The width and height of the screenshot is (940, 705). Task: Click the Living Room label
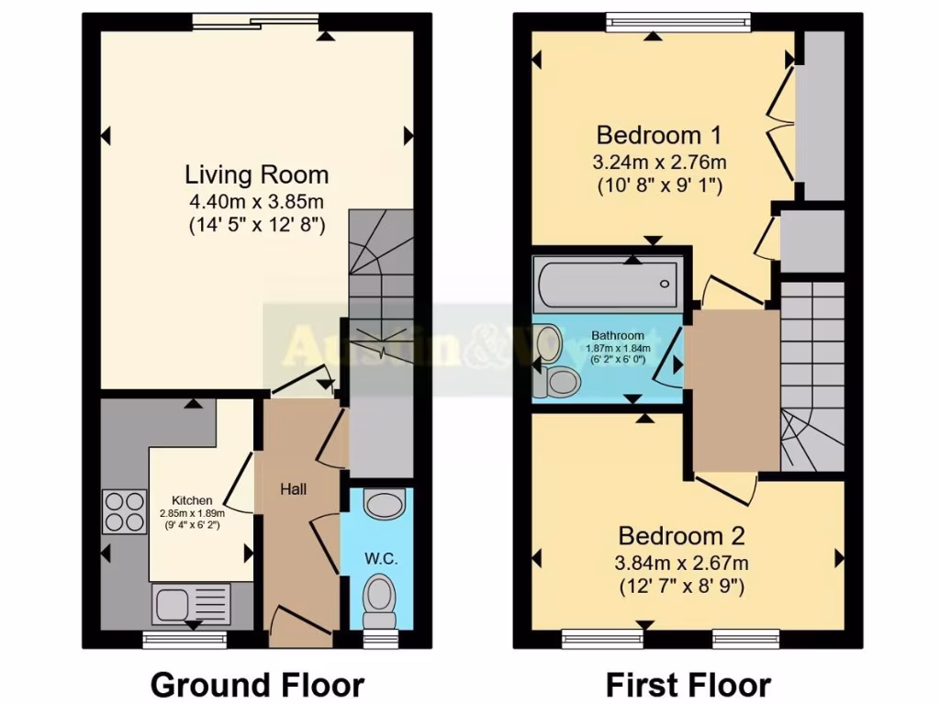tap(257, 174)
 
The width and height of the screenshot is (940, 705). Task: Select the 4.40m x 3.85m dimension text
tap(257, 200)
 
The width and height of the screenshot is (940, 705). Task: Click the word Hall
tap(293, 488)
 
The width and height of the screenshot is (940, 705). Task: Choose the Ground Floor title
tap(257, 684)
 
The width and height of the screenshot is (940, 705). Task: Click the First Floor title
tap(688, 684)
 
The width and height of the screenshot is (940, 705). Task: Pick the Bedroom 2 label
tap(681, 536)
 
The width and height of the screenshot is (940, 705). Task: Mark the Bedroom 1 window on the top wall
tap(679, 20)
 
